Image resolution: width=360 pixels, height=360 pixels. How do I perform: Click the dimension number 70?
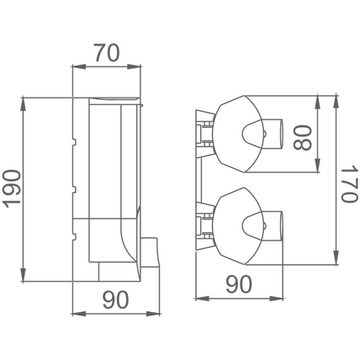(107, 52)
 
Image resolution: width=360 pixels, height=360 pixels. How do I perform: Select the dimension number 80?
(302, 137)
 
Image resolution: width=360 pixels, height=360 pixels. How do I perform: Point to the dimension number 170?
(350, 183)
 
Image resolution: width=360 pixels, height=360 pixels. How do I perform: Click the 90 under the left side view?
(115, 299)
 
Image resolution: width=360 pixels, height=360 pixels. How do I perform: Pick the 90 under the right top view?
(239, 284)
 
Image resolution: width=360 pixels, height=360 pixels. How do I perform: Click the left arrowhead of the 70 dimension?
(79, 66)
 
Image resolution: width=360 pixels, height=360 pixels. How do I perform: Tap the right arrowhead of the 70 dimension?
(134, 66)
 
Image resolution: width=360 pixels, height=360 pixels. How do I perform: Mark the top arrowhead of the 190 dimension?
(24, 103)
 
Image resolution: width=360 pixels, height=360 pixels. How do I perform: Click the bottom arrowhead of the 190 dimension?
(24, 275)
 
